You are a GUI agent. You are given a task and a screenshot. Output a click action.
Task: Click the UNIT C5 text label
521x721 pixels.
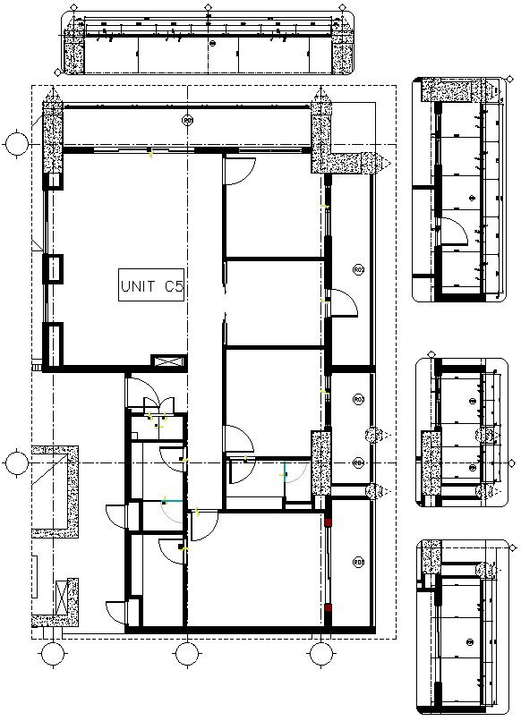[x=152, y=287]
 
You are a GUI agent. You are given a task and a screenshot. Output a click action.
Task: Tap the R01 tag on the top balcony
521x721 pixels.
[x=187, y=120]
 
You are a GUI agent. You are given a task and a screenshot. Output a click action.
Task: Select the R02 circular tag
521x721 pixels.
[x=358, y=269]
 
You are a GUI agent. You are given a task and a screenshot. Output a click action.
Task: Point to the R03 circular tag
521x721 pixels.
[x=358, y=399]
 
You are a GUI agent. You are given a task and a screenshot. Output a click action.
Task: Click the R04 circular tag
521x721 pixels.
[x=358, y=462]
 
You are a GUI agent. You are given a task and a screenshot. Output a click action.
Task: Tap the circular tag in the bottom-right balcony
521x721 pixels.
[x=358, y=562]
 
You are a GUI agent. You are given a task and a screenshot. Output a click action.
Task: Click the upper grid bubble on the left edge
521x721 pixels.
[x=15, y=142]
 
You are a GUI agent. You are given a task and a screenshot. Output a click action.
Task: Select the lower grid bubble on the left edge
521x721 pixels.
[x=15, y=462]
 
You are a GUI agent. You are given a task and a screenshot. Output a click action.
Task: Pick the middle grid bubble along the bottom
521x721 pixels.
[x=186, y=655]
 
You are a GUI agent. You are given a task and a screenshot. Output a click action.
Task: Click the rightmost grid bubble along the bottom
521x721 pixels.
[x=320, y=655]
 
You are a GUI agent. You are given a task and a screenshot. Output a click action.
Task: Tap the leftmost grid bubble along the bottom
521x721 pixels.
[x=52, y=655]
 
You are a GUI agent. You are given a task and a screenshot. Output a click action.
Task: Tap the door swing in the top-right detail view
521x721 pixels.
[x=456, y=230]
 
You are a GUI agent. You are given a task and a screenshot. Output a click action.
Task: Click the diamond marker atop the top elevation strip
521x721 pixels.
[x=209, y=7]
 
